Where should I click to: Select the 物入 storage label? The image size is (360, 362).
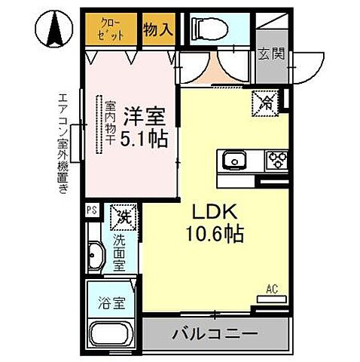[x=158, y=29]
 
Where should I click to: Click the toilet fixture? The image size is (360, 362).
[x=205, y=29]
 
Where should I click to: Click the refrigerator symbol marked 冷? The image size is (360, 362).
[x=264, y=102]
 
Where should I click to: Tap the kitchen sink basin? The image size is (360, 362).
[x=233, y=160]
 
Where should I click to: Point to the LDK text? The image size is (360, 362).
[x=213, y=210]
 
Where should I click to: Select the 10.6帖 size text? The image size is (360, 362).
[x=213, y=235]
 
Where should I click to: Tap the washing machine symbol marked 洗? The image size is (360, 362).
[x=123, y=218]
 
